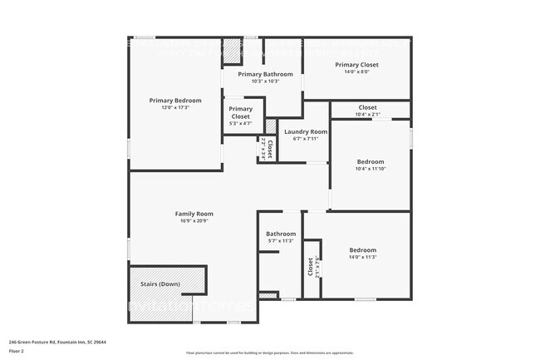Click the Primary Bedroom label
(x=174, y=101)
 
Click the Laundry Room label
(x=305, y=131)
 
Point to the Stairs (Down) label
(x=160, y=284)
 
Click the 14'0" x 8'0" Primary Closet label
(x=356, y=64)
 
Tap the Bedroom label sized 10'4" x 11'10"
(x=371, y=161)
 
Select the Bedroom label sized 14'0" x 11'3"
(x=362, y=250)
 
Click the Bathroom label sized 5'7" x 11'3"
(x=280, y=234)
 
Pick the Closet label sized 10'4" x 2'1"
(x=367, y=107)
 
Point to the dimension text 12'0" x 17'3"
(x=174, y=107)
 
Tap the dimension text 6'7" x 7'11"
(x=305, y=139)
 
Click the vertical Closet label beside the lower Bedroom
(x=311, y=267)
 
